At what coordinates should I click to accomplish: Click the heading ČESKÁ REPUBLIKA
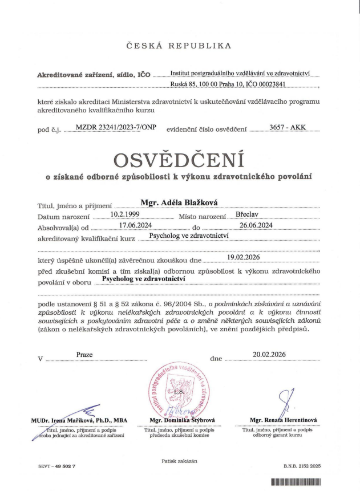pos(180,46)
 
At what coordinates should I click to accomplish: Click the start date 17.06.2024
pos(128,225)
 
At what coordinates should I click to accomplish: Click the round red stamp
pos(180,390)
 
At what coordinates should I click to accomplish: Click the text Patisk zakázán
pos(180,460)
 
